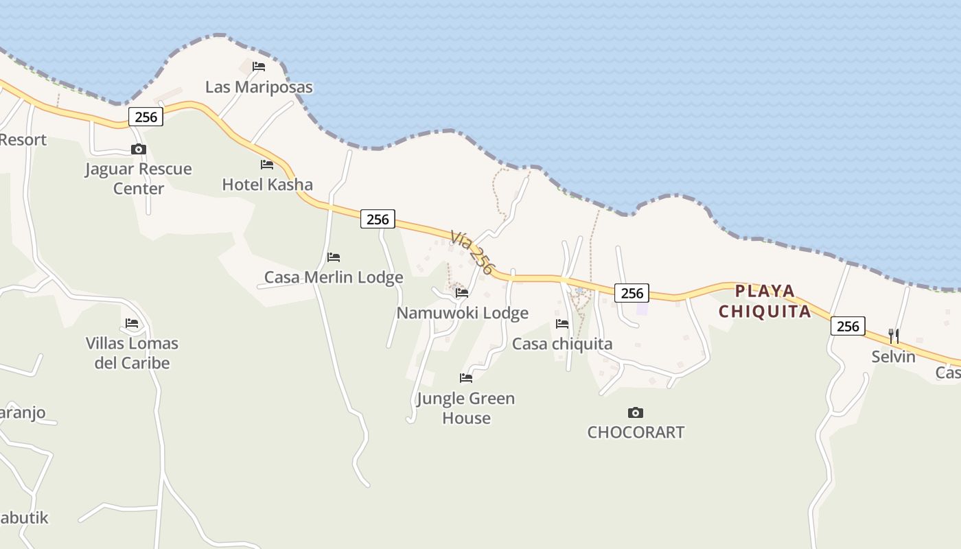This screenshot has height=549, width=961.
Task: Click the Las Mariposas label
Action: click(259, 87)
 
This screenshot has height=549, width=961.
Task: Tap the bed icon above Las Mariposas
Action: click(259, 67)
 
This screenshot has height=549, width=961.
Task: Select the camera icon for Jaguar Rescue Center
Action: click(139, 149)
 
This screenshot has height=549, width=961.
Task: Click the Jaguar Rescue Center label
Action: click(139, 178)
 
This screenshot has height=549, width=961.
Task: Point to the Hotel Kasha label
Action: click(267, 185)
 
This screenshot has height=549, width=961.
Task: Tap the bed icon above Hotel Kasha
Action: click(267, 165)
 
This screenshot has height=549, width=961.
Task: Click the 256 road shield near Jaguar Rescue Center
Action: click(146, 117)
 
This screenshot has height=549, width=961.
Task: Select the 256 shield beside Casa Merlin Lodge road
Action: click(378, 220)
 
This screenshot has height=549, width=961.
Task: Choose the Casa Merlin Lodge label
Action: click(334, 278)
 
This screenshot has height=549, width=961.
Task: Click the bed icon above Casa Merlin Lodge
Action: click(334, 257)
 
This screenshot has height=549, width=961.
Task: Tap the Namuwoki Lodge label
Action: click(462, 313)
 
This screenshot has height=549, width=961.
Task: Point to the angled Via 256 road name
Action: click(472, 253)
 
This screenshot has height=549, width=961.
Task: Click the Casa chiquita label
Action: click(562, 344)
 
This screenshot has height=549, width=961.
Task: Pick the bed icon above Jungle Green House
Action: click(466, 378)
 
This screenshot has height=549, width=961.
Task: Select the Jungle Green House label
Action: click(466, 408)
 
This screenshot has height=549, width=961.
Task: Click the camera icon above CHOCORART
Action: click(636, 412)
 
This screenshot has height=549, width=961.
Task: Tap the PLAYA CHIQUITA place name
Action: click(765, 301)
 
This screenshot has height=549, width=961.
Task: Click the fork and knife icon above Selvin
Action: click(894, 336)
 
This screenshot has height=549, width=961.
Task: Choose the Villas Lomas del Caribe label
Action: click(132, 353)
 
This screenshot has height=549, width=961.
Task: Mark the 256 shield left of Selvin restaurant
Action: click(848, 326)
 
